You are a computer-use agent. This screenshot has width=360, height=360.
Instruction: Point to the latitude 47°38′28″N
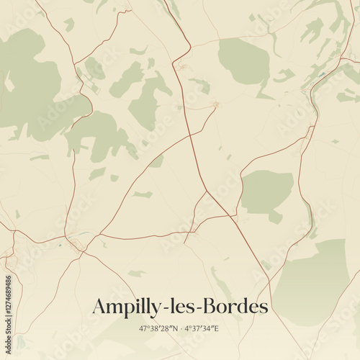coord(158,328)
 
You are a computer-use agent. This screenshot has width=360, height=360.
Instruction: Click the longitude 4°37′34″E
coord(202,328)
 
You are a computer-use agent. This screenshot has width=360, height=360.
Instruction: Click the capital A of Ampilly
coord(99,306)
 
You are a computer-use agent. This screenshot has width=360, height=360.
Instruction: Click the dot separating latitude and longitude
coord(180,328)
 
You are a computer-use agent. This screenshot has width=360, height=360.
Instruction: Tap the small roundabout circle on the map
coord(215,105)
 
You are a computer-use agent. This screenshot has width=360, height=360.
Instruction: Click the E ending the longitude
coord(217,328)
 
